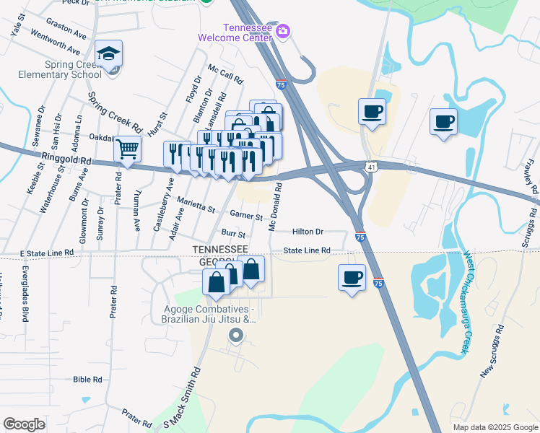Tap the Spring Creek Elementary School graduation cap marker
click(108, 54)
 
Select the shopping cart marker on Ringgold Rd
click(128, 149)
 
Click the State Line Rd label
click(306, 250)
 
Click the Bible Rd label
click(87, 379)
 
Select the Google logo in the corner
click(24, 424)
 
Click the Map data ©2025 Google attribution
click(495, 427)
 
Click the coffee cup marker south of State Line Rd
click(352, 277)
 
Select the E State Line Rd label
click(47, 253)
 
